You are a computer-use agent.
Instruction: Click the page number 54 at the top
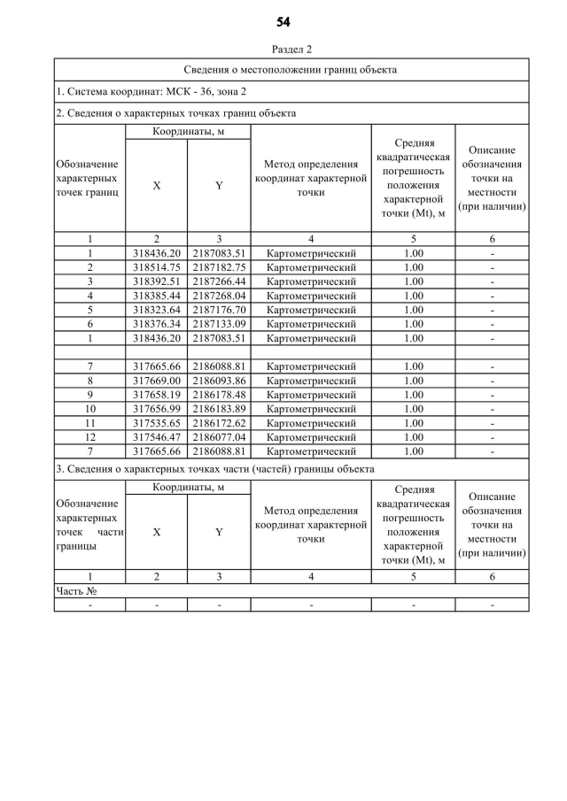(x=283, y=21)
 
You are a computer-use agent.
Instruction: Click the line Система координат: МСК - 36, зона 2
(x=151, y=91)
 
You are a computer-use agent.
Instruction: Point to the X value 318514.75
(x=156, y=266)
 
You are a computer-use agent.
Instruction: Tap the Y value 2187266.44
(x=219, y=281)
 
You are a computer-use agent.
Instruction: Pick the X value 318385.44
(x=156, y=295)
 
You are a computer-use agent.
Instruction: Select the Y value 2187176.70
(x=219, y=309)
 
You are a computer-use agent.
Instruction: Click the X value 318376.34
(x=156, y=323)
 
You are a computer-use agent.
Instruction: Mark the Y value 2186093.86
(x=219, y=380)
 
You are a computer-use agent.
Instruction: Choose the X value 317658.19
(x=156, y=394)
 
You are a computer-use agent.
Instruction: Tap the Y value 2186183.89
(x=219, y=408)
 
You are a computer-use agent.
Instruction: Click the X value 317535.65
(x=156, y=422)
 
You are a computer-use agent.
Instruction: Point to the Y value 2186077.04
(x=219, y=436)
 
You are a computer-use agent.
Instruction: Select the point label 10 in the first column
(x=89, y=408)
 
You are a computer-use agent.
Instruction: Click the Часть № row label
(x=75, y=590)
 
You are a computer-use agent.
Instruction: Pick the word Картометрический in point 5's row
(x=311, y=309)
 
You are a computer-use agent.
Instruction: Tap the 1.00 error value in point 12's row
(x=413, y=436)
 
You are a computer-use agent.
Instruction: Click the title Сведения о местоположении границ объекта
(x=290, y=69)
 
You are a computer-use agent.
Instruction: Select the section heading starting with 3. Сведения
(x=214, y=468)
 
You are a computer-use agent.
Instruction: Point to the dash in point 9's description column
(x=492, y=394)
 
